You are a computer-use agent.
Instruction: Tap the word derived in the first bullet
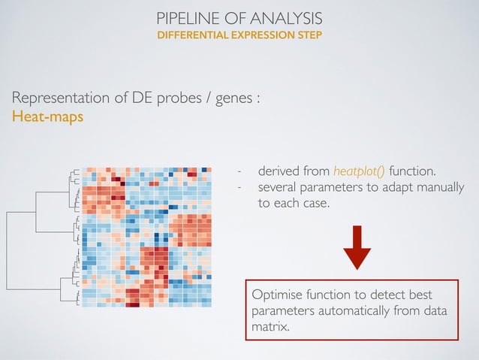pos(276,171)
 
